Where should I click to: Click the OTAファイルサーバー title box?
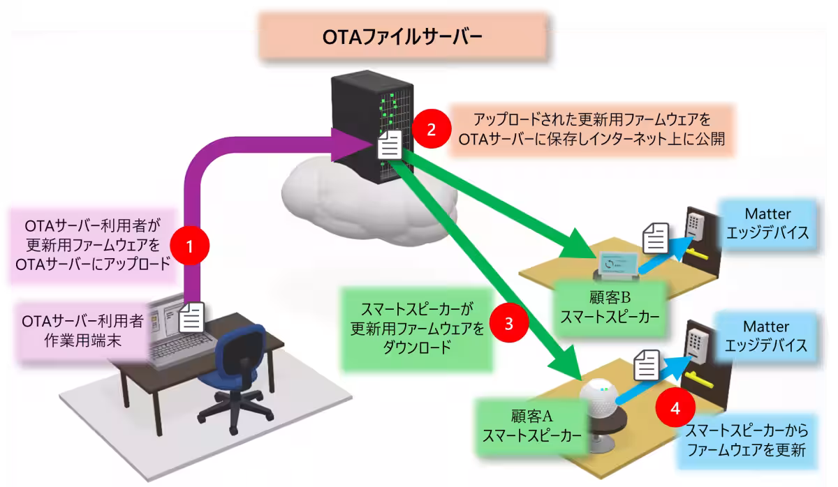tap(402, 36)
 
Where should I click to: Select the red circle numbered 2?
tap(431, 128)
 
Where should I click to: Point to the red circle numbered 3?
tap(509, 323)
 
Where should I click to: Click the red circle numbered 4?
tap(675, 408)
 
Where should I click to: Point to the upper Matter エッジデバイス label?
tap(767, 222)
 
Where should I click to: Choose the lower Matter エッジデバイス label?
tap(766, 336)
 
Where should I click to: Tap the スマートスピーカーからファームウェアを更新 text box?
tap(747, 440)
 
